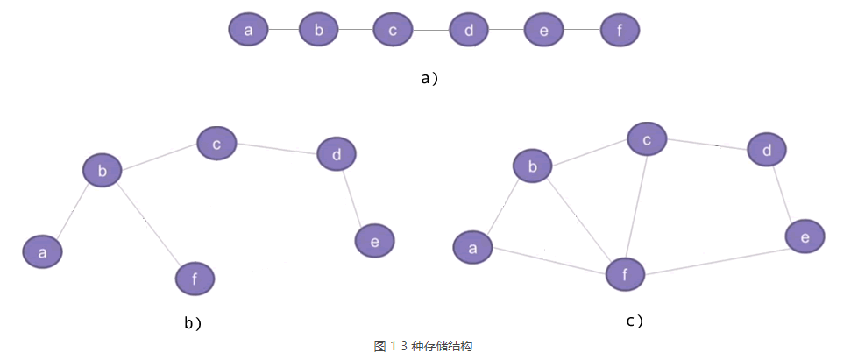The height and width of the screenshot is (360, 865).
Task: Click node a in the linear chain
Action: click(248, 31)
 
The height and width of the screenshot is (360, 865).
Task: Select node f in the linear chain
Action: click(620, 32)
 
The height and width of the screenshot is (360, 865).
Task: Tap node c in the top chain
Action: click(393, 31)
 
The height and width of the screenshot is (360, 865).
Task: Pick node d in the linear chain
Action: click(469, 32)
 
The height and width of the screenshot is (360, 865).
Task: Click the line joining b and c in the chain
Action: click(356, 31)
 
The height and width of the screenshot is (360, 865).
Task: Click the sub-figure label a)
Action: click(429, 78)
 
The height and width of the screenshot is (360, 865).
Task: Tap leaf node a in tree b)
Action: click(42, 252)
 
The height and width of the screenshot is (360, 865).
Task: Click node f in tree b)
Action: click(195, 279)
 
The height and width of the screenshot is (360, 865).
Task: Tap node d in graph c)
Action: click(767, 151)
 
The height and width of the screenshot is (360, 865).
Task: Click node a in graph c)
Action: click(473, 247)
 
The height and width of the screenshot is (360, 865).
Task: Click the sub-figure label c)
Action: click(635, 321)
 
